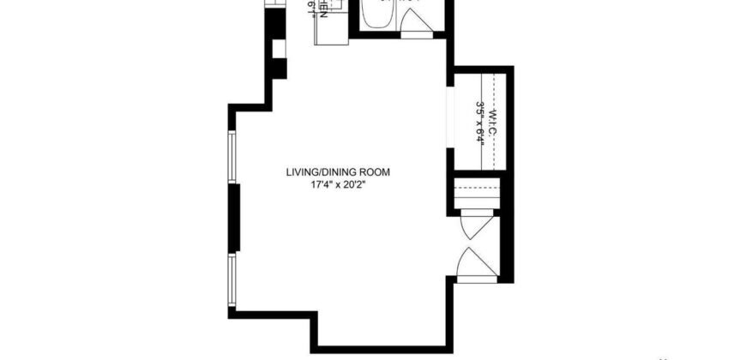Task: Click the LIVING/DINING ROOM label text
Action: pyautogui.click(x=338, y=172)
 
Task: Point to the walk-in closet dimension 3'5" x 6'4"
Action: pyautogui.click(x=480, y=125)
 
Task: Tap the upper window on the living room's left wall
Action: pyautogui.click(x=231, y=157)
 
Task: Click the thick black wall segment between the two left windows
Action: pyautogui.click(x=232, y=219)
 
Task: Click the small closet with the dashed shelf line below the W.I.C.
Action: pyautogui.click(x=475, y=195)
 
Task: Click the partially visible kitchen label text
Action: pyautogui.click(x=318, y=9)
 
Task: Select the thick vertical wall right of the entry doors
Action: pyautogui.click(x=508, y=249)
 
